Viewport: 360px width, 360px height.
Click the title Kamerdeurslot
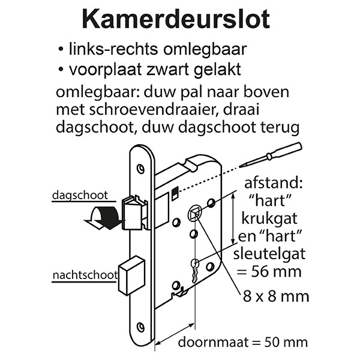176,19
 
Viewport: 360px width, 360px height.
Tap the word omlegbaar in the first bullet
205,49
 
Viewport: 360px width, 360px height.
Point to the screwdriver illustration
271,155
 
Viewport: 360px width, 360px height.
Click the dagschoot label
80,196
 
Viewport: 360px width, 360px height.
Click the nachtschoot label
85,275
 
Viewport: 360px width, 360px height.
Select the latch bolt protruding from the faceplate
134,212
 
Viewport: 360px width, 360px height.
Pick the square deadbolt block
132,275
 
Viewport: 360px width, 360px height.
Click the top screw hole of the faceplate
140,169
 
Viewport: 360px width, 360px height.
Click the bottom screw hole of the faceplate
140,327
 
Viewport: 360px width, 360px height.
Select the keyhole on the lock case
194,271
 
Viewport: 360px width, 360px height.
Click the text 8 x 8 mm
276,296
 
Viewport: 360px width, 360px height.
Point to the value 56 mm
276,272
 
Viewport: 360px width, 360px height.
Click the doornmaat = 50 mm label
242,342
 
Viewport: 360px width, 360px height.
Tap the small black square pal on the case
175,193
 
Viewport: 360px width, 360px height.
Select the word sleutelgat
269,254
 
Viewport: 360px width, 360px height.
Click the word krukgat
269,219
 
